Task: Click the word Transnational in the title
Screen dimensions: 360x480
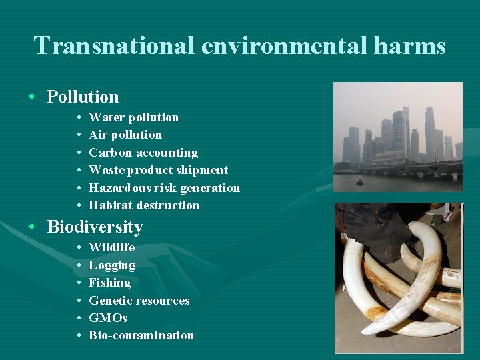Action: (113, 45)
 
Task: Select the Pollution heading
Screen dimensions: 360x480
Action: (83, 97)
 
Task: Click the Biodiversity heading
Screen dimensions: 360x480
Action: (95, 227)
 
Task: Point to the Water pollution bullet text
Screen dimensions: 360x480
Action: (133, 117)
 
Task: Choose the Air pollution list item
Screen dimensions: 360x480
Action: (125, 135)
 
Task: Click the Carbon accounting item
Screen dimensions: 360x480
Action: (143, 153)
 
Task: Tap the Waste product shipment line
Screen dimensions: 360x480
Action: (158, 170)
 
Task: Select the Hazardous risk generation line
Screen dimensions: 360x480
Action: (164, 188)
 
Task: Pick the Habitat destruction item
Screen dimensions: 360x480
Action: (144, 205)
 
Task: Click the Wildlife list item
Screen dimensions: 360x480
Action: (111, 247)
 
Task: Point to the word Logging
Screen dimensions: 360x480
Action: (112, 265)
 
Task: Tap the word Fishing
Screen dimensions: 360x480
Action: (109, 283)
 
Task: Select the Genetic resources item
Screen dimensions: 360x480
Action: (139, 301)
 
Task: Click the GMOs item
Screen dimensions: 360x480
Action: (107, 318)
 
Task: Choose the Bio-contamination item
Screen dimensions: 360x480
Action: (141, 335)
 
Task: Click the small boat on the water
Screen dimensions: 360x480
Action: (360, 181)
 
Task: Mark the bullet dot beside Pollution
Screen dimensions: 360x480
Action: (32, 97)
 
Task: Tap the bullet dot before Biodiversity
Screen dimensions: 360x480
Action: (32, 227)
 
